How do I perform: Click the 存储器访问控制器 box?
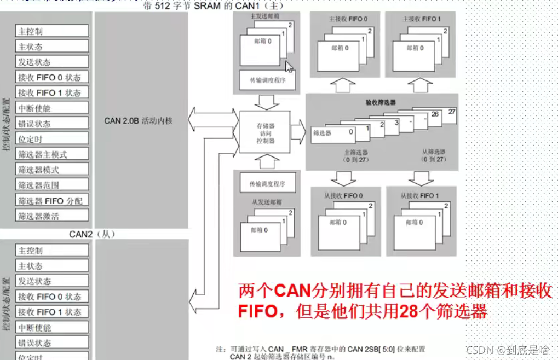click(266, 132)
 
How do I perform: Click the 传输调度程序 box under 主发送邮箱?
click(267, 80)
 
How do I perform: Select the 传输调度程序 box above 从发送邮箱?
click(267, 183)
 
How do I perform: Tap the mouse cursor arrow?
click(289, 67)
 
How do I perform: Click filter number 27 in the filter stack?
click(451, 112)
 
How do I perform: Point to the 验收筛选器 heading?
click(381, 102)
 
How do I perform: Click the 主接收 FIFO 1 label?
click(421, 19)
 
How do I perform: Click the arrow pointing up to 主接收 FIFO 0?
click(343, 85)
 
